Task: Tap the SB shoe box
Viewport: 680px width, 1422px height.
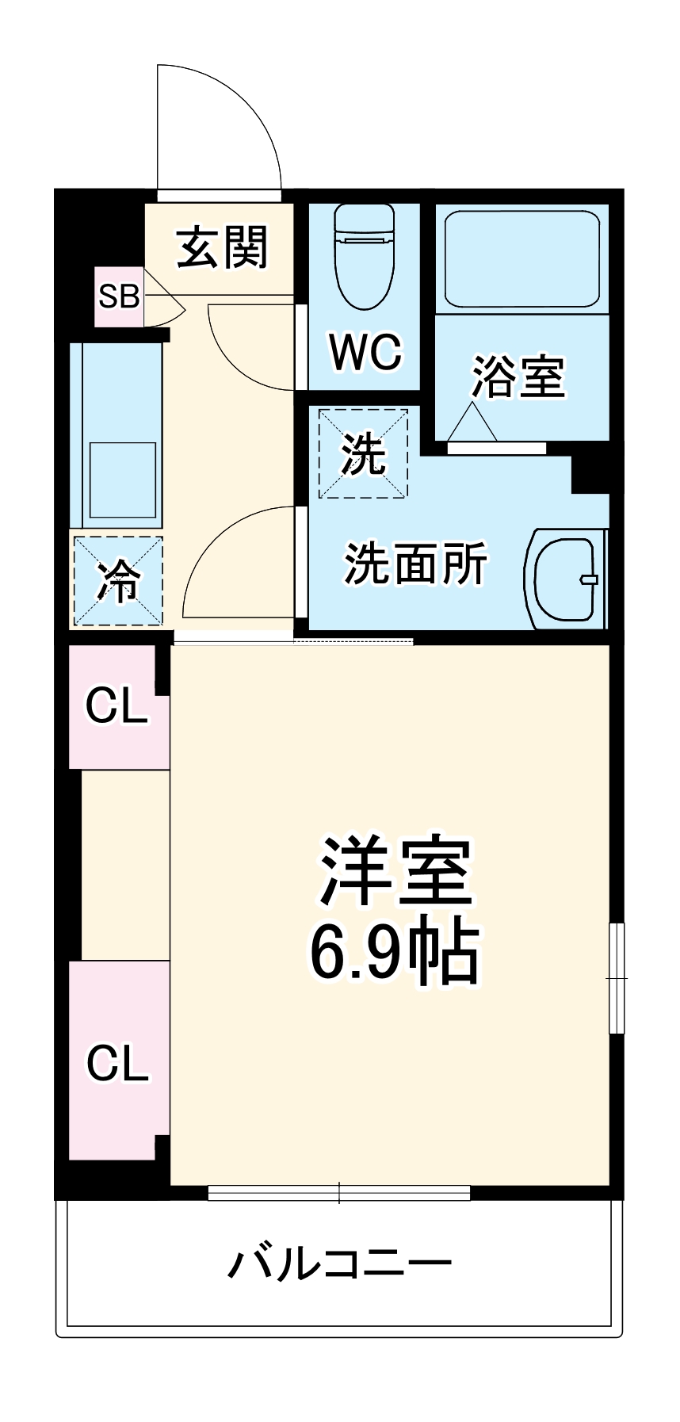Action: [x=119, y=296]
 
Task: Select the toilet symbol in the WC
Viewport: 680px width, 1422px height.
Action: [x=365, y=255]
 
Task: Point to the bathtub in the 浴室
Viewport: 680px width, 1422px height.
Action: [x=521, y=258]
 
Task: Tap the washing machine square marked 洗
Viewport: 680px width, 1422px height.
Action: [x=364, y=453]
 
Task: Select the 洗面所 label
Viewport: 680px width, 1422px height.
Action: [x=416, y=564]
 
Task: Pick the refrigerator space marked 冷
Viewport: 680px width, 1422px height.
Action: [x=118, y=581]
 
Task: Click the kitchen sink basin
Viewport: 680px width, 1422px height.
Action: [x=122, y=480]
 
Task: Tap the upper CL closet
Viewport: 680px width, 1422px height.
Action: [x=118, y=705]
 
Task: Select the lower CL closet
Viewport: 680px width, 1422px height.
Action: [x=118, y=1062]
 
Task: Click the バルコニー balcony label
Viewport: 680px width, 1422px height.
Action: [x=340, y=1263]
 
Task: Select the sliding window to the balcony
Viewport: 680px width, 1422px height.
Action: [x=339, y=1192]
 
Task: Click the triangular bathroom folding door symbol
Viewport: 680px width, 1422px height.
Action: [x=472, y=422]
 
